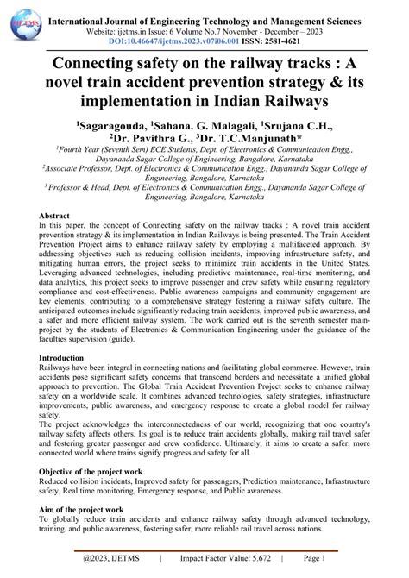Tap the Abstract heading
pyautogui.click(x=60, y=239)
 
